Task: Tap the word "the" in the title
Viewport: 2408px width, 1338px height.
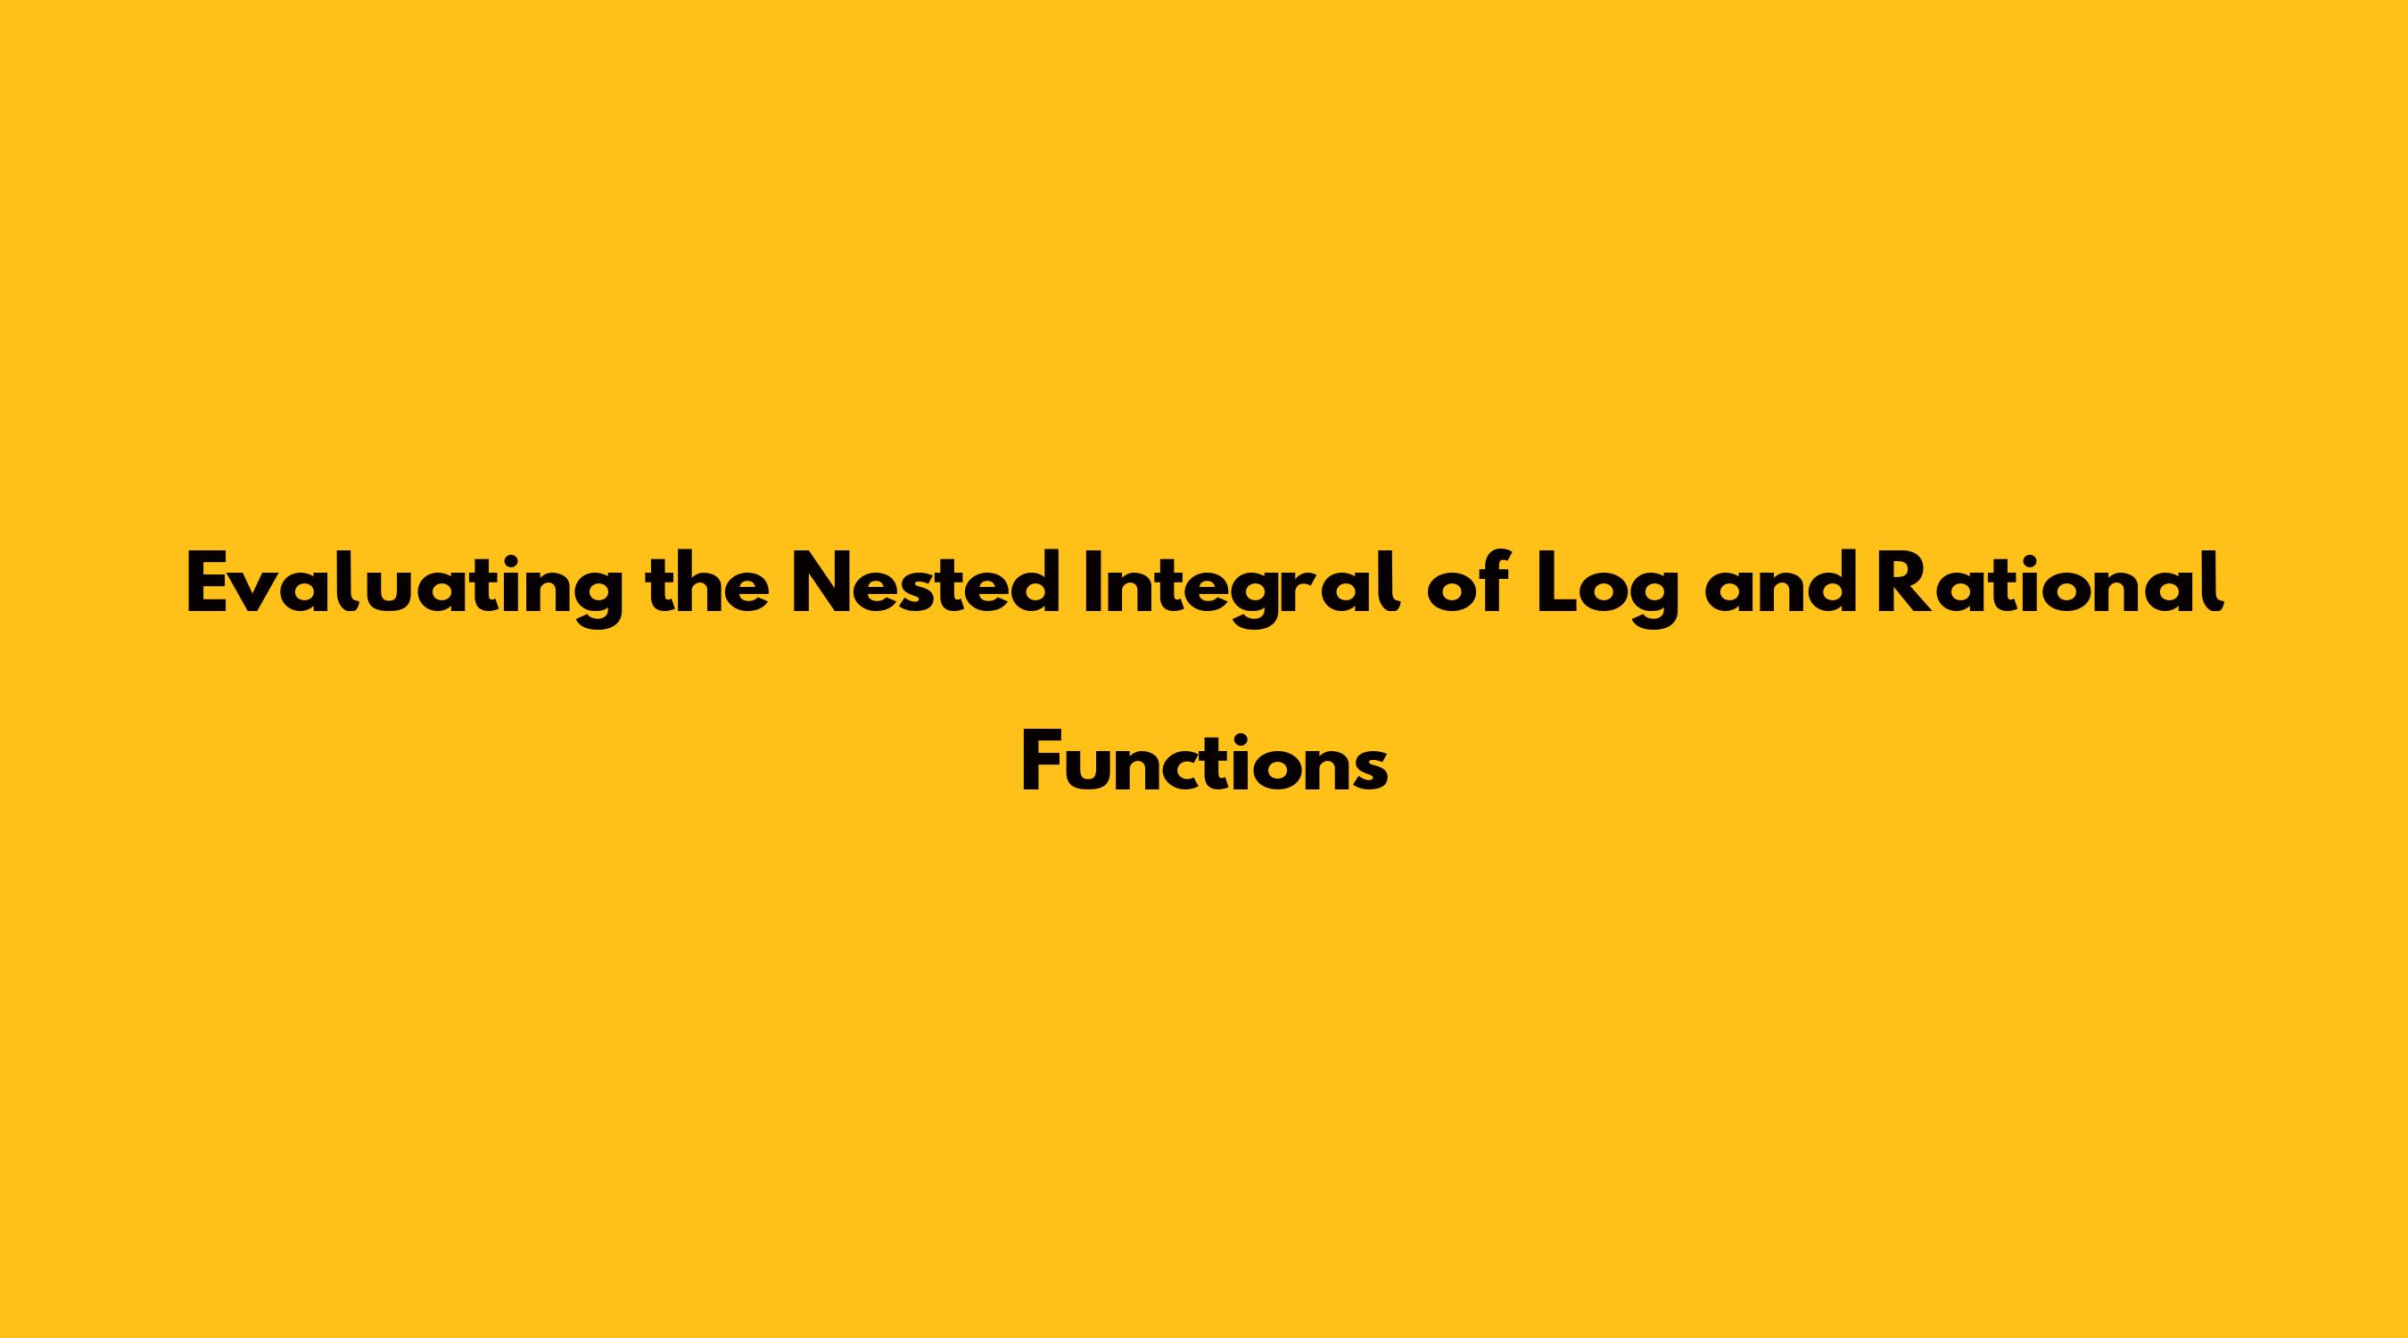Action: (707, 582)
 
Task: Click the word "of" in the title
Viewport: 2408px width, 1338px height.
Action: (1469, 582)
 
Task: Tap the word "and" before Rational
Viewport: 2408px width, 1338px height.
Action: (1780, 583)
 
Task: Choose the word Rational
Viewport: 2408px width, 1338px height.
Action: (2050, 582)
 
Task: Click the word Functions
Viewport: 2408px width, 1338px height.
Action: (1205, 762)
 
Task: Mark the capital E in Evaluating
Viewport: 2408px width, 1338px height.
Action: (210, 583)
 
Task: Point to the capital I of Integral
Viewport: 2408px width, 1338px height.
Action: (1092, 583)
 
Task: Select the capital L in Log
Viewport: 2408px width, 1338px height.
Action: (1557, 583)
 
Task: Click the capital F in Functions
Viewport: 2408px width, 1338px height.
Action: (1043, 762)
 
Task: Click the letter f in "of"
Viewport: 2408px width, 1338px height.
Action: (1496, 582)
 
